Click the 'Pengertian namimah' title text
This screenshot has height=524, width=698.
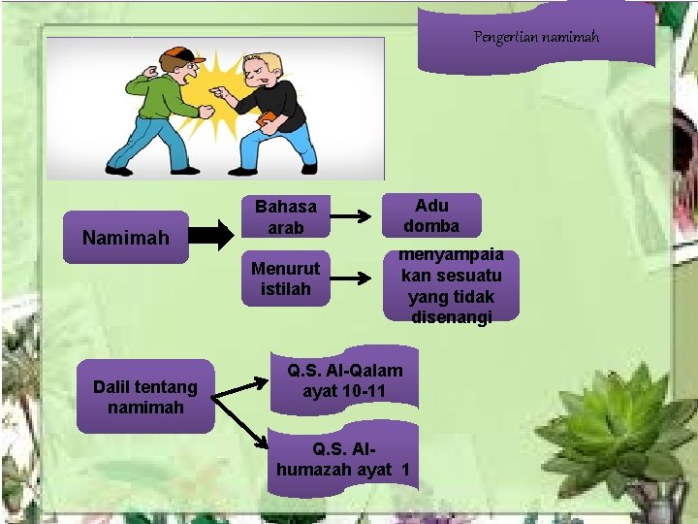coord(536,37)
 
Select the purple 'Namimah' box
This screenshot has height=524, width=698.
coord(125,237)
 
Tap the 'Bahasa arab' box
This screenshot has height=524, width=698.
coord(285,218)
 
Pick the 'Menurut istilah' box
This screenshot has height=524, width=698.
coord(285,278)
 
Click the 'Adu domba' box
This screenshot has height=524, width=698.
coord(431,215)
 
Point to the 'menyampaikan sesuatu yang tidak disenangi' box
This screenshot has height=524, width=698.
coord(451,285)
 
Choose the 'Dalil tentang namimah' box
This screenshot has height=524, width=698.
coord(144,397)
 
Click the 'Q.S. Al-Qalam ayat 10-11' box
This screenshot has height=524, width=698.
coord(344,381)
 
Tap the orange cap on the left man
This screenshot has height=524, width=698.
coord(177,54)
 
